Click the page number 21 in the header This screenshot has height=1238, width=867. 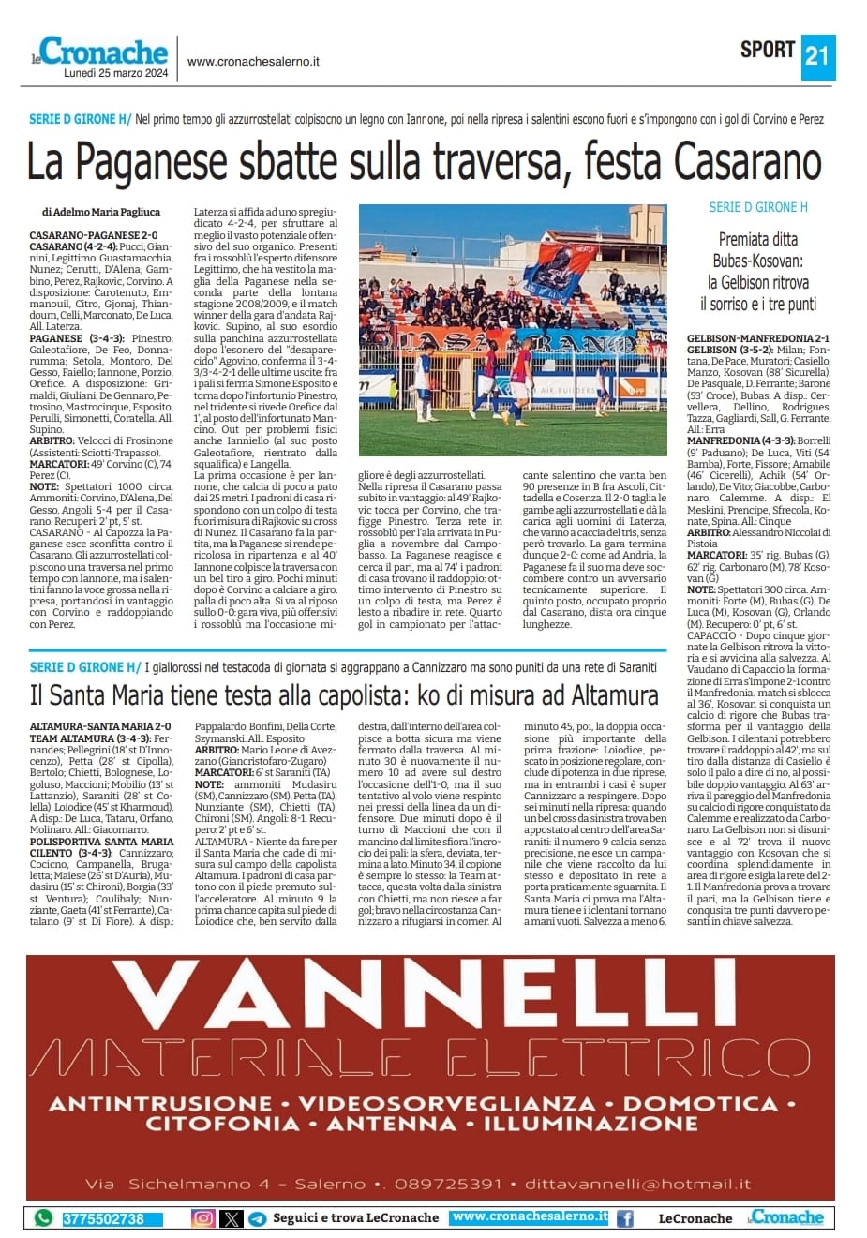coord(816,55)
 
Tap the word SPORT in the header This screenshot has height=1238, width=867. coord(768,50)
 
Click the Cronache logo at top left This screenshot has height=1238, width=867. coord(103,52)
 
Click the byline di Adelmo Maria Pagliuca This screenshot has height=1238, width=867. coord(101,212)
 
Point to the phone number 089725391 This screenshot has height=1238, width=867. coord(448,1184)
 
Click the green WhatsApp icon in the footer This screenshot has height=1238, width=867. coord(43,1218)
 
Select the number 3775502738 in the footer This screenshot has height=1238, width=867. coord(103,1219)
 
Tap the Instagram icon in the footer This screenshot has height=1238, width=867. coord(203,1218)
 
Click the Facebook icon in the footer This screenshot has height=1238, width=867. coord(624,1218)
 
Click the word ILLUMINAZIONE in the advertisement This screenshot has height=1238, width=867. coord(591,1124)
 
